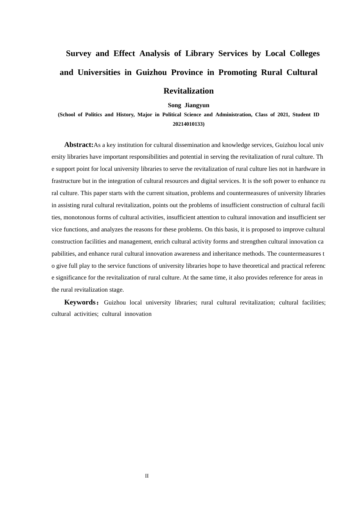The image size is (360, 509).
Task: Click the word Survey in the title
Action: pos(78,53)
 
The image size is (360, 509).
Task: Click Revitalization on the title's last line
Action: pos(188,91)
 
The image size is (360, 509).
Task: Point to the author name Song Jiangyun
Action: pos(188,105)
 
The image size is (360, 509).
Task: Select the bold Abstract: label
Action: pos(78,145)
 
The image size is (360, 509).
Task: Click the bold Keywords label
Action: pos(80,302)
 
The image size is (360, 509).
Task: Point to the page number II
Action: pos(147,476)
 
